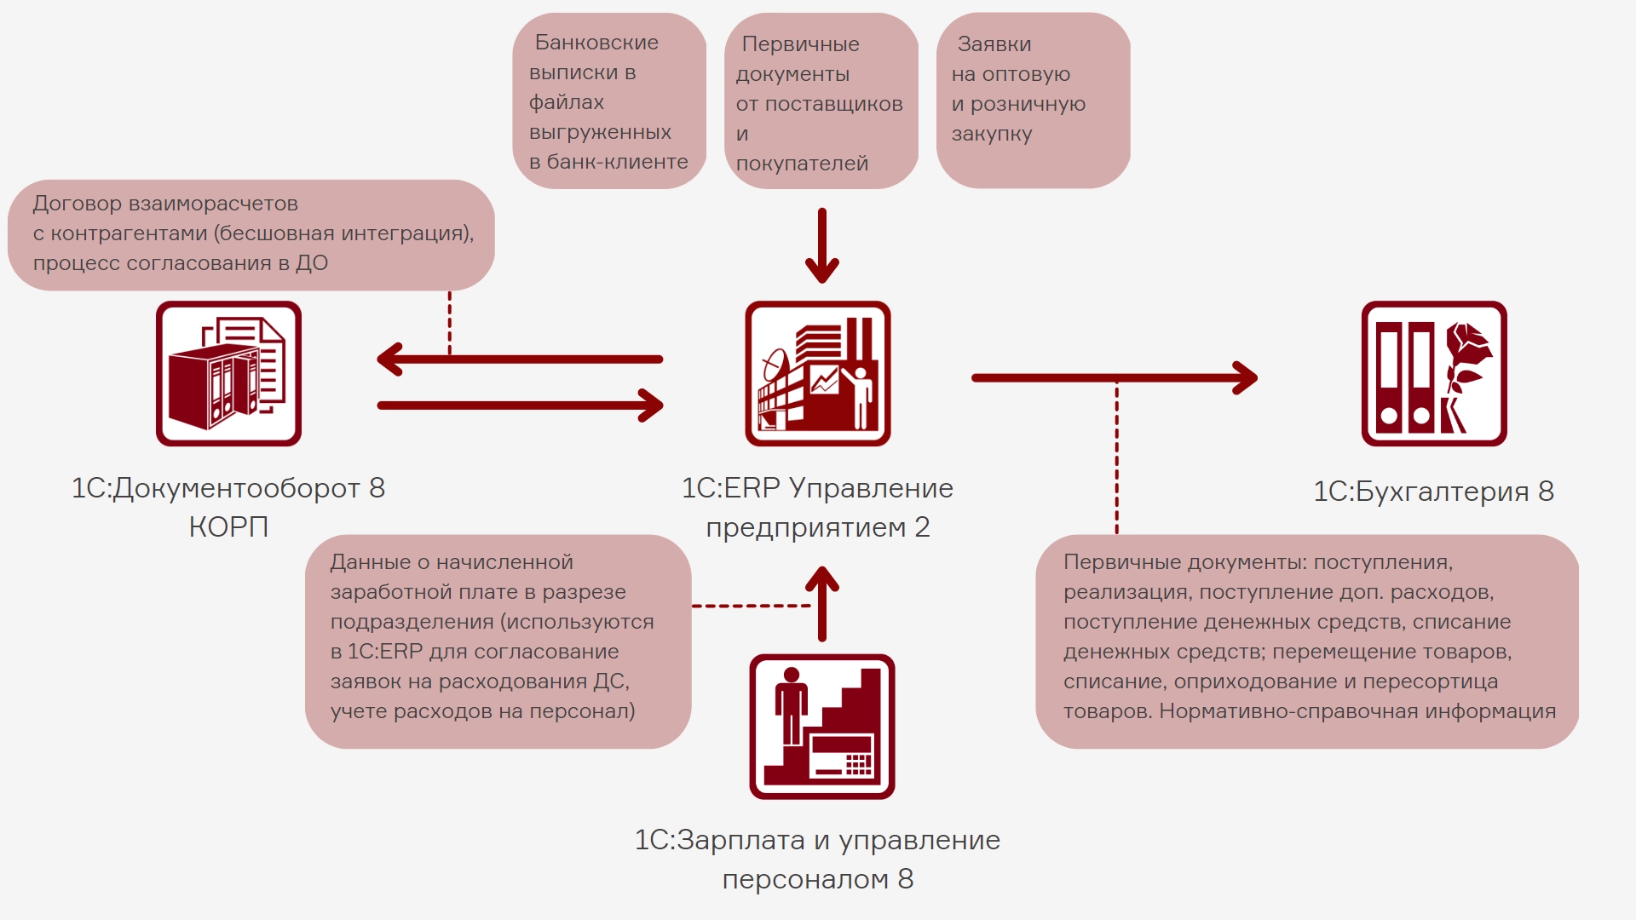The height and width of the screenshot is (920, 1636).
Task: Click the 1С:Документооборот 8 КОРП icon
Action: pyautogui.click(x=228, y=373)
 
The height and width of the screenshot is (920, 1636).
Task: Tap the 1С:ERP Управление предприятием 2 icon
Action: pyautogui.click(x=818, y=373)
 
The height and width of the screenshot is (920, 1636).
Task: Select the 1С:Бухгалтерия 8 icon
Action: pyautogui.click(x=1434, y=373)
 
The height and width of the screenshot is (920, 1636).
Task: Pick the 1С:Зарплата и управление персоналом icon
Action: pyautogui.click(x=822, y=727)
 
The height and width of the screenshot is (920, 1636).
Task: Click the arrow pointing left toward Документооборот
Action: pyautogui.click(x=520, y=359)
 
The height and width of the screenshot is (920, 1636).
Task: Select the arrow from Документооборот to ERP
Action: pyautogui.click(x=520, y=405)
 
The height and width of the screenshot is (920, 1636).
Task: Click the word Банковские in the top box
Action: pyautogui.click(x=596, y=43)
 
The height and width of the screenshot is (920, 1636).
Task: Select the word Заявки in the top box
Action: pyautogui.click(x=994, y=44)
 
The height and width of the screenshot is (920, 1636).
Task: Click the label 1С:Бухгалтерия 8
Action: pyautogui.click(x=1433, y=492)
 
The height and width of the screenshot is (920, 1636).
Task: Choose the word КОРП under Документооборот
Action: pyautogui.click(x=228, y=527)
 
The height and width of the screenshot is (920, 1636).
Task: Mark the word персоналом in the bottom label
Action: pyautogui.click(x=806, y=879)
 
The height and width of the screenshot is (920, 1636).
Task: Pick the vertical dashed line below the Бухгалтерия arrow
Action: pyautogui.click(x=1117, y=460)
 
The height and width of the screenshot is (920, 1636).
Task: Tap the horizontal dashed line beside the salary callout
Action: pyautogui.click(x=750, y=606)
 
